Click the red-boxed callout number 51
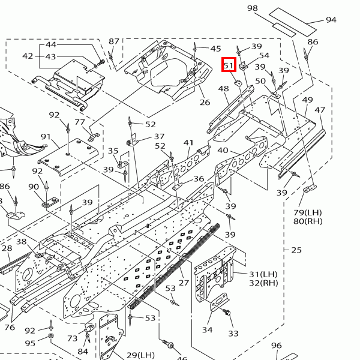pyautogui.click(x=229, y=65)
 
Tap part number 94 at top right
pyautogui.click(x=331, y=20)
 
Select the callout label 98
pyautogui.click(x=252, y=8)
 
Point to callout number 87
pyautogui.click(x=114, y=41)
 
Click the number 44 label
pyautogui.click(x=51, y=45)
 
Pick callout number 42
pyautogui.click(x=28, y=56)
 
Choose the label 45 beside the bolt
pyautogui.click(x=215, y=48)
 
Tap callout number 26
pyautogui.click(x=205, y=103)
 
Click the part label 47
pyautogui.click(x=320, y=110)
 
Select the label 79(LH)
pyautogui.click(x=308, y=212)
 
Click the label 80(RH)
pyautogui.click(x=308, y=221)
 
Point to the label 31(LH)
pyautogui.click(x=263, y=274)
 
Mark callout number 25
pyautogui.click(x=296, y=250)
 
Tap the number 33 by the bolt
pyautogui.click(x=233, y=334)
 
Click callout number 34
pyautogui.click(x=207, y=330)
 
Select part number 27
pyautogui.click(x=184, y=283)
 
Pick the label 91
pyautogui.click(x=46, y=137)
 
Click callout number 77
pyautogui.click(x=80, y=122)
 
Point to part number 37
pyautogui.click(x=159, y=137)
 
